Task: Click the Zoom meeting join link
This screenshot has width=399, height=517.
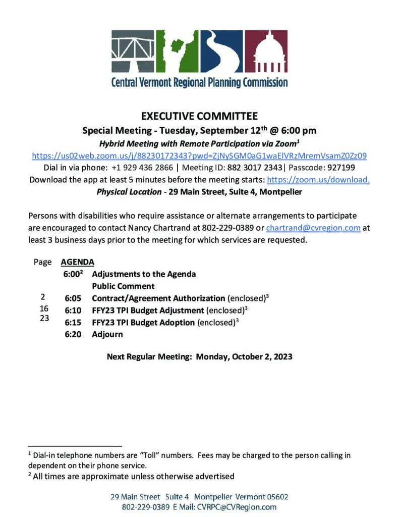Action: coord(199,156)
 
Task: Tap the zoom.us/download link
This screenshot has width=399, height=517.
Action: coord(318,180)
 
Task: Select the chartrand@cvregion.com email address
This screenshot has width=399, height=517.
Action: coord(313,228)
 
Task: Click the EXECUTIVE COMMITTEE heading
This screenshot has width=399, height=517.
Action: coord(199,116)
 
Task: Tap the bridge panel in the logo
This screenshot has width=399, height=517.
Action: coord(133,52)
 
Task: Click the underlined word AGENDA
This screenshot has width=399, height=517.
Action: coord(77,262)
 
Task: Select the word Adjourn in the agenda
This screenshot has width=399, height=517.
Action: coord(107,334)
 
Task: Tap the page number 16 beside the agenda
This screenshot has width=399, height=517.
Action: coord(44,308)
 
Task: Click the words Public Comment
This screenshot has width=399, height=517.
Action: coord(123,286)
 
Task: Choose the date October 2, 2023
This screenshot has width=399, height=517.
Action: coord(244,356)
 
